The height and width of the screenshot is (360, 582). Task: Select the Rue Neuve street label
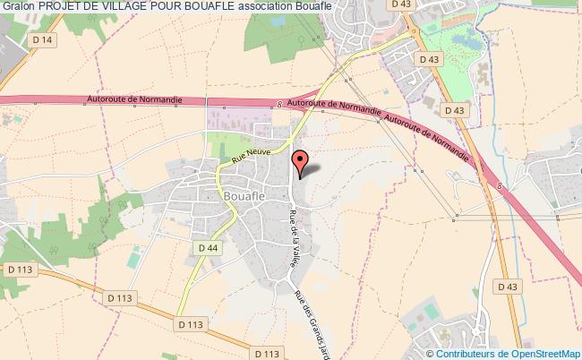251,153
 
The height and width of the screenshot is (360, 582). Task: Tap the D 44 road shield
208,247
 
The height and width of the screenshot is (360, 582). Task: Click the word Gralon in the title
18,8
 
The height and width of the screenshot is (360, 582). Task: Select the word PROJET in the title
63,8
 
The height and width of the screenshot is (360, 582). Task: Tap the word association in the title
312,8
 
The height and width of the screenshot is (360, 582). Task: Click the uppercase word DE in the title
99,8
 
